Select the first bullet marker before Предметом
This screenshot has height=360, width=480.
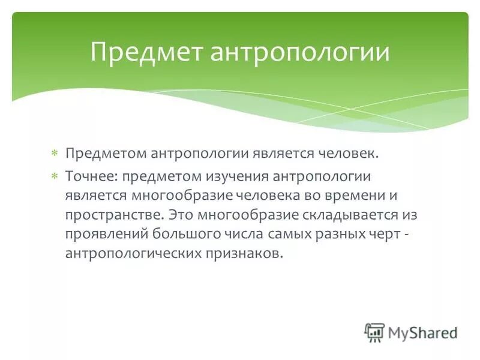pos(54,154)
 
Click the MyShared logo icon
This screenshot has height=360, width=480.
pos(374,332)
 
